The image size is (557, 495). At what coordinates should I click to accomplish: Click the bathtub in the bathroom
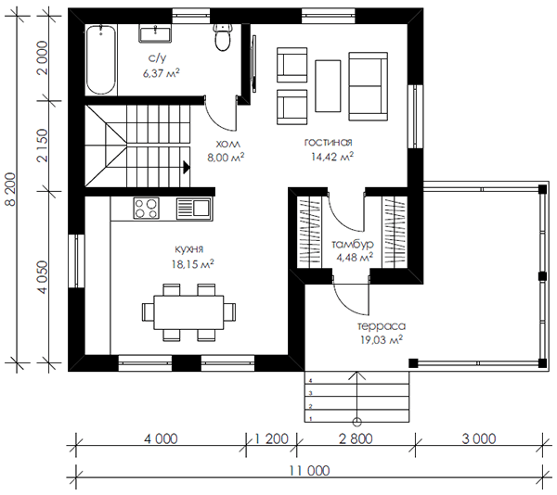[x=101, y=59]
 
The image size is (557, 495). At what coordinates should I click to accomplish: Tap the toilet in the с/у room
[x=223, y=36]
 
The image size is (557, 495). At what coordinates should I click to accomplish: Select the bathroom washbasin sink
[x=155, y=33]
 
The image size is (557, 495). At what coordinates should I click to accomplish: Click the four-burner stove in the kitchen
[x=147, y=209]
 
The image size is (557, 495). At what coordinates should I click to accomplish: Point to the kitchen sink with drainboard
[x=194, y=209]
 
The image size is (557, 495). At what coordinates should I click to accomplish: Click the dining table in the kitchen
[x=188, y=312]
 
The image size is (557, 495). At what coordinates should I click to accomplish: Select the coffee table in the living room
[x=328, y=86]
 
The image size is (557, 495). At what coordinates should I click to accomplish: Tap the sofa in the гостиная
[x=368, y=86]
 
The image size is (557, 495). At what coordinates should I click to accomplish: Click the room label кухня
[x=189, y=249]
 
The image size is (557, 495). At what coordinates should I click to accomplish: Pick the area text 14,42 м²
[x=332, y=157]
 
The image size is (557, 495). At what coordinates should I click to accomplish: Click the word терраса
[x=382, y=326]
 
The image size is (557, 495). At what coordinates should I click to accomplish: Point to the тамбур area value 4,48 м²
[x=355, y=257]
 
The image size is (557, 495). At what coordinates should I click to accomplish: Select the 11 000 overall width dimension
[x=309, y=471]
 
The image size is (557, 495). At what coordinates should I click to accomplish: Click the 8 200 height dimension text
[x=10, y=189]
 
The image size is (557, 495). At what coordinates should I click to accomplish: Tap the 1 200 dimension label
[x=271, y=439]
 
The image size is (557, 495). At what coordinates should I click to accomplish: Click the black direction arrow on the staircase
[x=187, y=167]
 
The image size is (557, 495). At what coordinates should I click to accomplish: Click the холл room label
[x=228, y=144]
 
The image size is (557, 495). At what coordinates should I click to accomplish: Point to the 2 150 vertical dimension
[x=42, y=146]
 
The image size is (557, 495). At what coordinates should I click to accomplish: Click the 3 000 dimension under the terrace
[x=479, y=439]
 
